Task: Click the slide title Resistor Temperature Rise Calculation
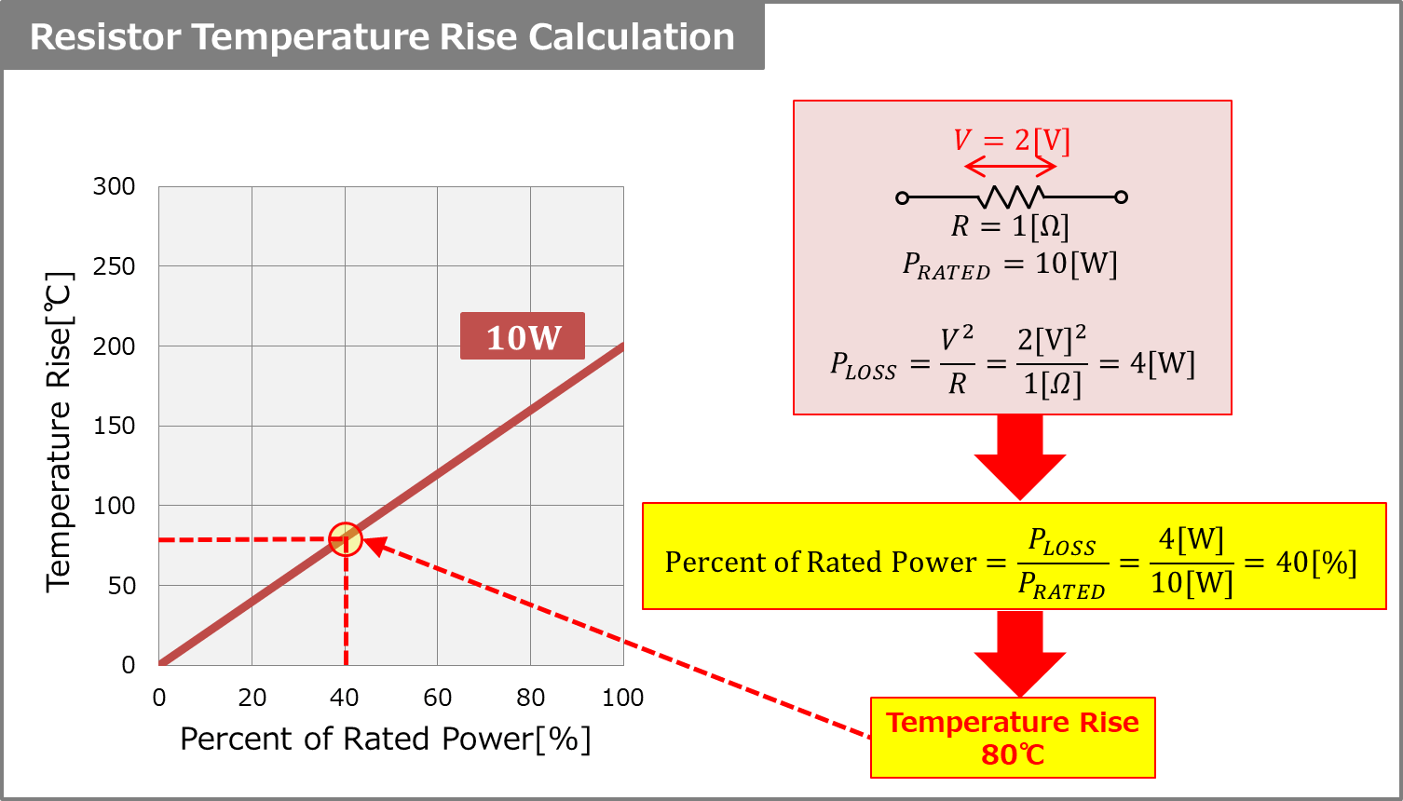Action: click(382, 37)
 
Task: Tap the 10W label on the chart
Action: click(523, 336)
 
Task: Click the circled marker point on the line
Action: click(346, 539)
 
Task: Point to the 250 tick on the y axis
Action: click(114, 266)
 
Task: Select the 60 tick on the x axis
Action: click(437, 698)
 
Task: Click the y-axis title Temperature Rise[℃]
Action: click(59, 431)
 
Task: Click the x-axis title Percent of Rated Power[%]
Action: click(385, 739)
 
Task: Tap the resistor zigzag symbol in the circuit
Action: click(1011, 197)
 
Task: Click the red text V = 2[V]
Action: click(1011, 141)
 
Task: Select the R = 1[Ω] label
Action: click(1010, 226)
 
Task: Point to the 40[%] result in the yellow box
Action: click(1315, 562)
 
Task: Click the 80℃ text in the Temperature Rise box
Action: click(1013, 754)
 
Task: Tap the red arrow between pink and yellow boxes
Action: click(1020, 457)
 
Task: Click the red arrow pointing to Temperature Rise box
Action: click(1020, 653)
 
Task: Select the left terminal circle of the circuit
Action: click(902, 197)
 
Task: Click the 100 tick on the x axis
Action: click(622, 698)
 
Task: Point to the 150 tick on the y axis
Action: click(114, 426)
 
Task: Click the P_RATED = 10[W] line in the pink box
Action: click(1010, 265)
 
